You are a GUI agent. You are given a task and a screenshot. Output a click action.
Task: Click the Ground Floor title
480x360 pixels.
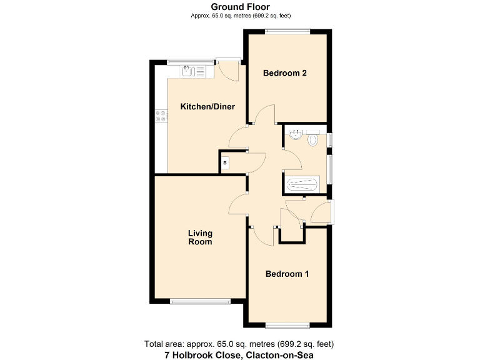pyautogui.click(x=240, y=7)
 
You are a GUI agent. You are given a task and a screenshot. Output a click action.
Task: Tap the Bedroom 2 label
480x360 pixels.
pyautogui.click(x=284, y=73)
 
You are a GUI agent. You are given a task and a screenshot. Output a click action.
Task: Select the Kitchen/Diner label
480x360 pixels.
pyautogui.click(x=207, y=107)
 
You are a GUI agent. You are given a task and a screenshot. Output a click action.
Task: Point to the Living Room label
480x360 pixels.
pyautogui.click(x=200, y=237)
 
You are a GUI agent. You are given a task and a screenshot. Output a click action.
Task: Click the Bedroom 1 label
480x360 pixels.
pyautogui.click(x=287, y=274)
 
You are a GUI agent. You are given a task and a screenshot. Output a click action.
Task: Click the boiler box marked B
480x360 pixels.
pyautogui.click(x=225, y=164)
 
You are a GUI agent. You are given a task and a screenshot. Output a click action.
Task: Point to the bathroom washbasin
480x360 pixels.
pyautogui.click(x=295, y=134)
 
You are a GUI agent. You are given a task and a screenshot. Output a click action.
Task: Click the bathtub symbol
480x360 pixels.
pyautogui.click(x=302, y=185)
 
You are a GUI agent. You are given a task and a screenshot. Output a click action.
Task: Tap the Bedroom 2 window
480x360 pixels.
pyautogui.click(x=287, y=31)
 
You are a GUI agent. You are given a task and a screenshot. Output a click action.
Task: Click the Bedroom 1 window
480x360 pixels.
pyautogui.click(x=287, y=324)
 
